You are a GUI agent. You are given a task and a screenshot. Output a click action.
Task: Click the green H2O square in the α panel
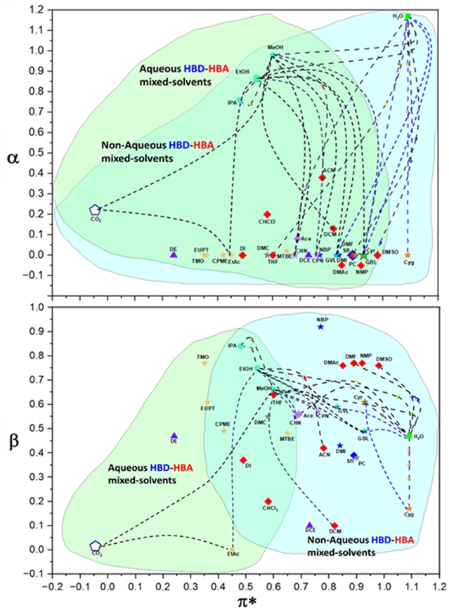[408, 16]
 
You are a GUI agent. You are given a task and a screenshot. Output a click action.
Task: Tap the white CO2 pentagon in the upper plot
[96, 209]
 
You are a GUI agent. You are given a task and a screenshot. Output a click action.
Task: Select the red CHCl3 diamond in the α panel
[267, 214]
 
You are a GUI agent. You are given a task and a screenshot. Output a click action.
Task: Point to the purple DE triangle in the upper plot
[173, 254]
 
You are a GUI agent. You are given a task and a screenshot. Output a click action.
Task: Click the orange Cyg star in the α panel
[408, 255]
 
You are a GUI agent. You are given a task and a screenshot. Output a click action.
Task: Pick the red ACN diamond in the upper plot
[323, 177]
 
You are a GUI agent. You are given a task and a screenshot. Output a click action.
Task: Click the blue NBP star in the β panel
[320, 327]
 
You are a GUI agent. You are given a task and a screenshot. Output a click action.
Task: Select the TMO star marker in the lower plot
[204, 363]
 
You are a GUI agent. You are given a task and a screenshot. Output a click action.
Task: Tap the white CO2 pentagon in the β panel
[96, 546]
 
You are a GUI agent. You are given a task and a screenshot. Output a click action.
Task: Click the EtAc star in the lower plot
[232, 549]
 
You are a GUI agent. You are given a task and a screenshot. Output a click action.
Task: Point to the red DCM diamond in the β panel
[334, 526]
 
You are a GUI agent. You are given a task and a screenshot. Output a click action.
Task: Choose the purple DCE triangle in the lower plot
[310, 525]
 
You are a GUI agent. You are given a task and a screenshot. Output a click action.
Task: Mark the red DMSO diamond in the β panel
[379, 365]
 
